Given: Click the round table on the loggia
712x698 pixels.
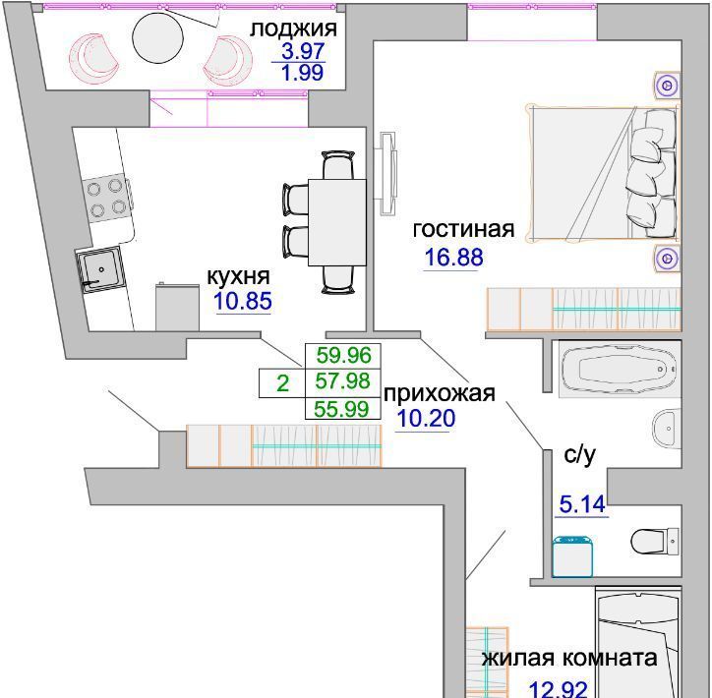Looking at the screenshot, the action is (x=157, y=36).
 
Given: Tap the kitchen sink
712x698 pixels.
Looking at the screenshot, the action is (x=100, y=268).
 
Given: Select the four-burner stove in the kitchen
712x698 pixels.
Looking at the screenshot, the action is (x=107, y=198).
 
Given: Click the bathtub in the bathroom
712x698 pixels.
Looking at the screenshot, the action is (x=620, y=369).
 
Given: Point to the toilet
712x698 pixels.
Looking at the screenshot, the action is (x=655, y=541).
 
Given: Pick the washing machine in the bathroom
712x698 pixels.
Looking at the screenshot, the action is (x=572, y=556).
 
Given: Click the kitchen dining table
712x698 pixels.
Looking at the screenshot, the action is (x=337, y=222).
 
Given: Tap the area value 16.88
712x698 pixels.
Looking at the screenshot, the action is (x=453, y=258).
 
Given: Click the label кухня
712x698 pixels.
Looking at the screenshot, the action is (x=238, y=276).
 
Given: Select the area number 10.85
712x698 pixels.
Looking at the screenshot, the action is (x=243, y=301).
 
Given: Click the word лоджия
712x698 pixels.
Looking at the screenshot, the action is (x=294, y=29).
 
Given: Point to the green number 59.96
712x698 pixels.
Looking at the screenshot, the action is (x=344, y=355).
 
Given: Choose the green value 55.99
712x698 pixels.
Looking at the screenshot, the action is (x=342, y=409).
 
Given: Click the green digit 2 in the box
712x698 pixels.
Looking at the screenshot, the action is (x=282, y=383).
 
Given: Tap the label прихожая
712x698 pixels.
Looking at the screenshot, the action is (x=439, y=393).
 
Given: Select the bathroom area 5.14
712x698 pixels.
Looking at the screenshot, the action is (x=582, y=504).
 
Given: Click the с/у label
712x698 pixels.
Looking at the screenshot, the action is (x=579, y=455).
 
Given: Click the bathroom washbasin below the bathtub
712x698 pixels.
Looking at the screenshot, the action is (x=666, y=428).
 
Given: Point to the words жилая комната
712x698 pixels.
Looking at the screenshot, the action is (x=569, y=658).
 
